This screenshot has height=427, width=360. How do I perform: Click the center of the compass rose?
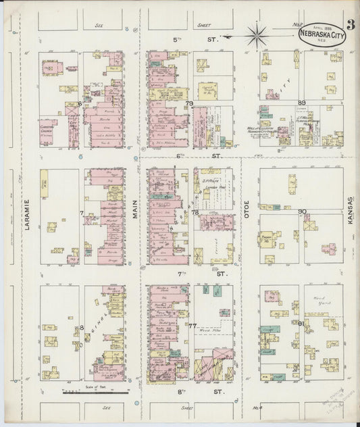click(x=257, y=35)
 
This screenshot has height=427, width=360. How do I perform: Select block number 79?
click(x=190, y=103)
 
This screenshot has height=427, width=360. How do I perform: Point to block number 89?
click(x=301, y=103)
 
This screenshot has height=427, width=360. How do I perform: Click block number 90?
click(x=303, y=211)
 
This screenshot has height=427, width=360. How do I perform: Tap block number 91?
click(x=302, y=324)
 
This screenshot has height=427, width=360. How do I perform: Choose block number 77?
click(x=192, y=326)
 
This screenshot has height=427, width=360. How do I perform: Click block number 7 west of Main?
click(x=80, y=214)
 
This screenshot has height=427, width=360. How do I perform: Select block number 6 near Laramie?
click(x=80, y=103)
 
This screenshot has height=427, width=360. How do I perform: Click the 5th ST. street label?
click(x=196, y=41)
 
